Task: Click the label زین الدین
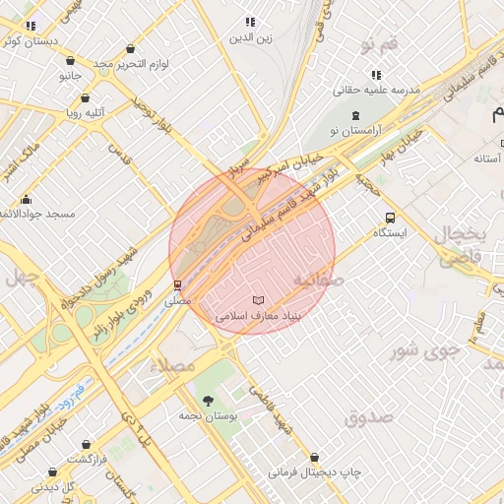250,38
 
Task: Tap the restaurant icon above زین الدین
250,22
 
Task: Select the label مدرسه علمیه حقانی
379,90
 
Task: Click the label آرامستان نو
341,131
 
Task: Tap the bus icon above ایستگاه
392,218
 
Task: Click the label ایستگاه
392,233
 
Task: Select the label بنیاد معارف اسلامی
257,316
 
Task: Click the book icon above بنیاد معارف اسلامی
258,300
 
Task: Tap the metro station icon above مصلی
178,285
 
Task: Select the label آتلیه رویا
86,112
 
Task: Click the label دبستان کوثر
28,41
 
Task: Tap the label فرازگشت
87,460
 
